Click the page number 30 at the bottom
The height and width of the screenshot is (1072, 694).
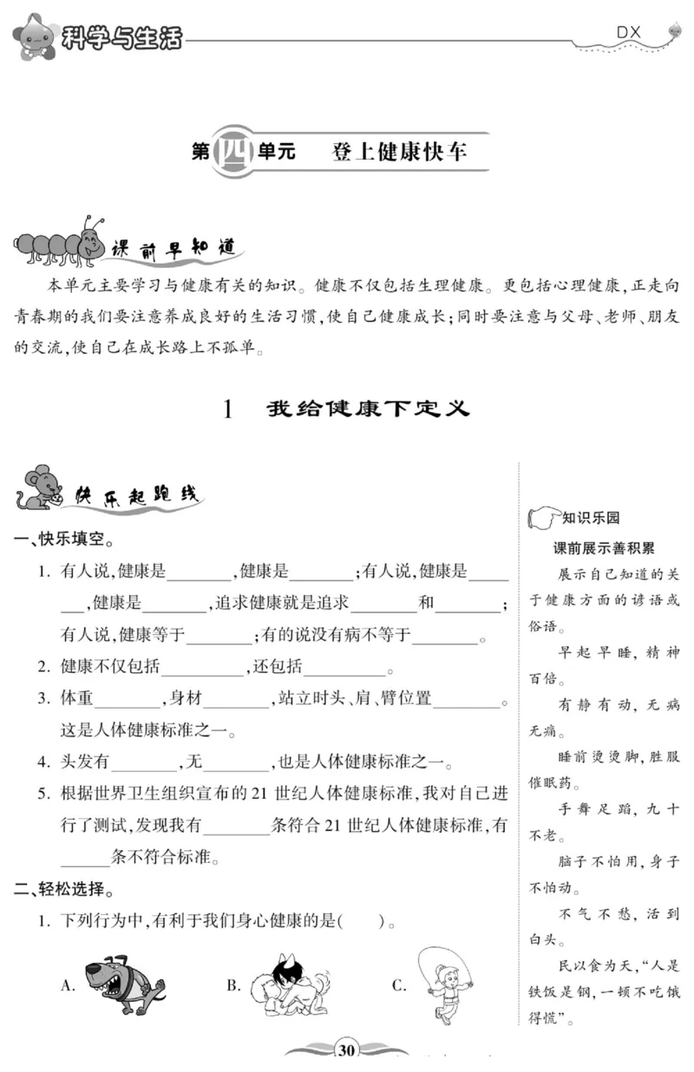346,1050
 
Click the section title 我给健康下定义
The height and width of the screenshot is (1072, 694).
368,408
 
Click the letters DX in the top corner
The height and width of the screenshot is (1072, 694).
628,32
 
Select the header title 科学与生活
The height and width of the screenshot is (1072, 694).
121,37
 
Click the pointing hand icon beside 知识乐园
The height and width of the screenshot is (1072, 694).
542,520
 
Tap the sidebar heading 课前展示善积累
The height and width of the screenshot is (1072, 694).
604,548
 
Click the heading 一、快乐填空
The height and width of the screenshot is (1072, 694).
65,539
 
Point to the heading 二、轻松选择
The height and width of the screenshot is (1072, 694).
65,889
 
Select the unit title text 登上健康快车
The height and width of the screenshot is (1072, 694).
399,153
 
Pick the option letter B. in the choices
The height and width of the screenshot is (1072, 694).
233,984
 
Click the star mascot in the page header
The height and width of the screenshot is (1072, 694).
35,35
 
